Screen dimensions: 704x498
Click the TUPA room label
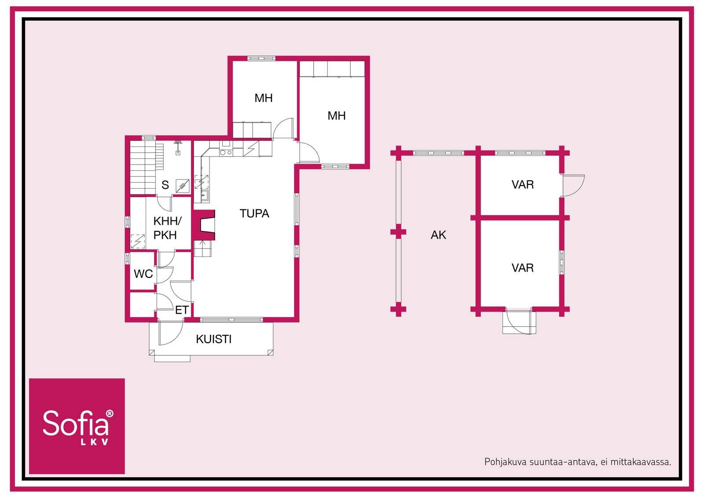[x=254, y=214]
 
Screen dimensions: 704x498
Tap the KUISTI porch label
[x=214, y=339]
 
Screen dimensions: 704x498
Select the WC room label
[x=143, y=274]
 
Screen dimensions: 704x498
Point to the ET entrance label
[x=182, y=310]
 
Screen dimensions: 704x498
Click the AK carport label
[x=438, y=235]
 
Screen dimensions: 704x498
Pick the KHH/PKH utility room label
[x=167, y=228]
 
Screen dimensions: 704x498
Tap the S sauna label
[x=165, y=185]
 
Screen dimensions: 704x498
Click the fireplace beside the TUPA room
[x=204, y=225]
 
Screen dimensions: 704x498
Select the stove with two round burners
[x=226, y=153]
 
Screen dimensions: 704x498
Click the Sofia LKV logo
[x=77, y=426]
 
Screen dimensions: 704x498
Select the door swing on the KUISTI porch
[x=170, y=333]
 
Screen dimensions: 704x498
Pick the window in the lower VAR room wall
[x=562, y=262]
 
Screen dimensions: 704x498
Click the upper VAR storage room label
[x=523, y=185]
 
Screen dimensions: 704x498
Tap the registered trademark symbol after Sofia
[x=110, y=414]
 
